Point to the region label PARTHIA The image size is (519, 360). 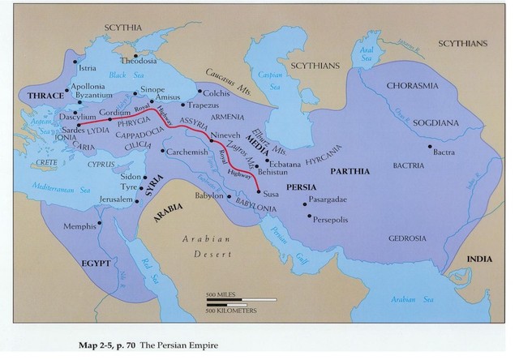(x=350, y=171)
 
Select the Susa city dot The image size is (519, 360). (x=259, y=192)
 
